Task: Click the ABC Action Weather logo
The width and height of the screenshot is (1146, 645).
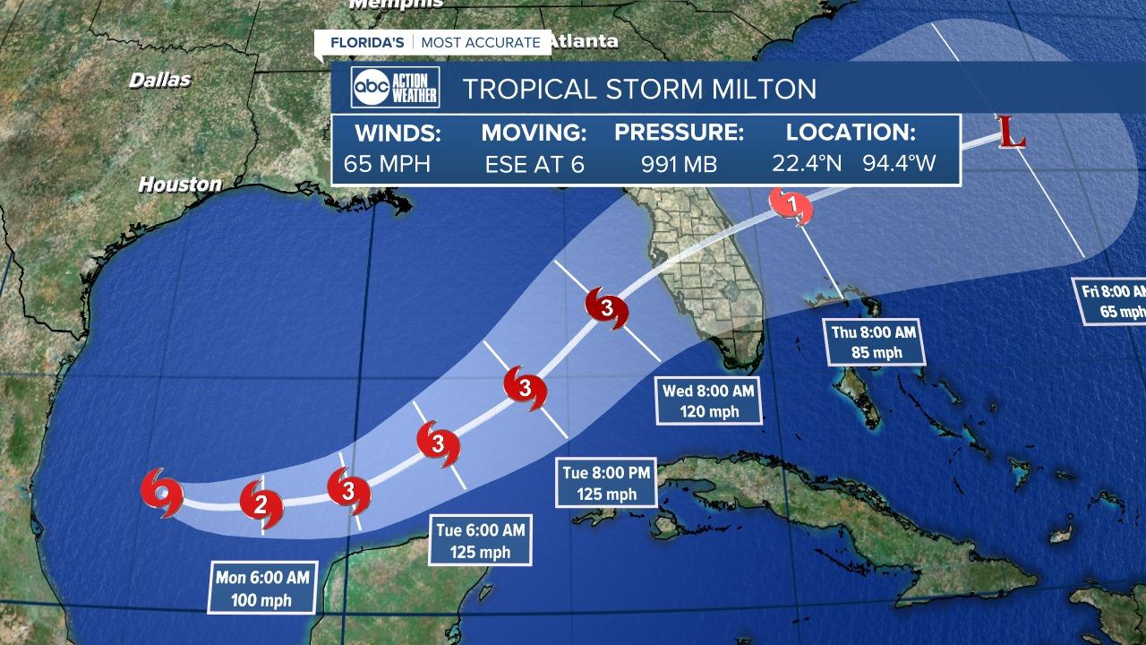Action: click(x=395, y=88)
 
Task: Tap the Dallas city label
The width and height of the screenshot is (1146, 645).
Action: click(x=160, y=80)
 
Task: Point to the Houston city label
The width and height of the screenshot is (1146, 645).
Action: click(x=180, y=185)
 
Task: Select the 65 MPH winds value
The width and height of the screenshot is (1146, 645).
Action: click(x=387, y=165)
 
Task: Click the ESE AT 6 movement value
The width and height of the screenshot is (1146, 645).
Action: click(x=535, y=165)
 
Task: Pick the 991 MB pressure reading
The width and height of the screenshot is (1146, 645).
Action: click(x=678, y=165)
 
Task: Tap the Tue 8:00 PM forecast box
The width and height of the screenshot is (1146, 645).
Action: click(x=606, y=483)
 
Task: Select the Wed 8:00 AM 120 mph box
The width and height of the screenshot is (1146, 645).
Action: click(x=708, y=401)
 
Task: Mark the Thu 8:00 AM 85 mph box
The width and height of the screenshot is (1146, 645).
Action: click(x=874, y=342)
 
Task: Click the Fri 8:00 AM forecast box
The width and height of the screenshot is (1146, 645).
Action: click(x=1111, y=301)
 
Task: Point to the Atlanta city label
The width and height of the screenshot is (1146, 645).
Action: click(x=584, y=41)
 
